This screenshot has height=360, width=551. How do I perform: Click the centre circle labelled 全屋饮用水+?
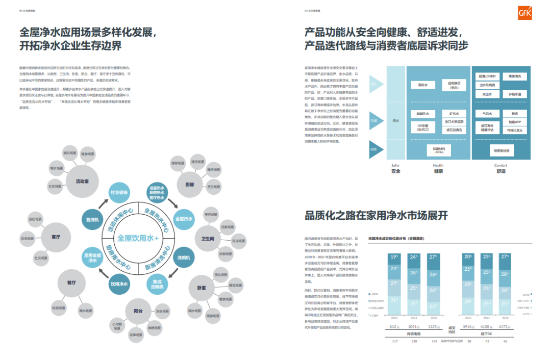tap(138, 238)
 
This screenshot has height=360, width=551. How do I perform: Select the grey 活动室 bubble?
tap(82, 181)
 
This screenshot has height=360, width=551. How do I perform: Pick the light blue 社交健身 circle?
tap(119, 192)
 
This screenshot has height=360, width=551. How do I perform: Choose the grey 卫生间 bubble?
tap(207, 238)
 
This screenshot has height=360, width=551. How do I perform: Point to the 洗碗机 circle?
tap(184, 258)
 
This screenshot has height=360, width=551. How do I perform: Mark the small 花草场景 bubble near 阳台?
tap(136, 335)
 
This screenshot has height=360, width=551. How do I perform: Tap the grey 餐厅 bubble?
tap(71, 282)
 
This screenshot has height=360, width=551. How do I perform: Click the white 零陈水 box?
tap(422, 85)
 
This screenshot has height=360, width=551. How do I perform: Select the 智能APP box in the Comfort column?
tap(514, 122)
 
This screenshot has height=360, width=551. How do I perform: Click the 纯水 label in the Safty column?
tap(395, 121)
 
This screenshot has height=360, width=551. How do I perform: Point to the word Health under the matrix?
tap(438, 165)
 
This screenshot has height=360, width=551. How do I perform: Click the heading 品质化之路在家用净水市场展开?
tap(376, 215)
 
